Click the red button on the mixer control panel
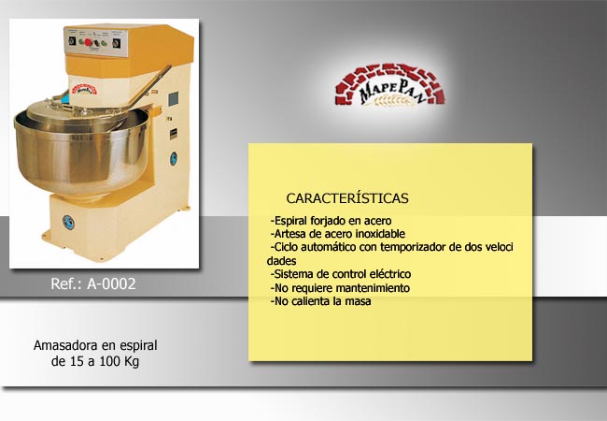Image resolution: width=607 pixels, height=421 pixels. point(87,42)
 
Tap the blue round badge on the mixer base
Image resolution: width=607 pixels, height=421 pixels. point(68,222)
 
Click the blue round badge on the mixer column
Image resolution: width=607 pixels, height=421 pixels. point(174,158)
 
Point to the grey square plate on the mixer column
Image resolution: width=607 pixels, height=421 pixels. point(174,99)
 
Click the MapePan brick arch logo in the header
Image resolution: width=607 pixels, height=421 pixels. point(389,85)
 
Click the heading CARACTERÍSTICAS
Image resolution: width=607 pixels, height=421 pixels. point(347,198)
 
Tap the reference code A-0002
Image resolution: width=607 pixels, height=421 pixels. point(111,283)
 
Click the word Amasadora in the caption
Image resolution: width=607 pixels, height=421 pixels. point(65,345)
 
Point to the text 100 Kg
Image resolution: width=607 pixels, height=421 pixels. point(120,361)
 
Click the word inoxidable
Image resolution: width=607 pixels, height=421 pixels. point(380,234)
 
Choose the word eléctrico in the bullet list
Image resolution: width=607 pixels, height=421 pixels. point(390,274)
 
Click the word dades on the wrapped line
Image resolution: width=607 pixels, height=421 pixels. point(281,261)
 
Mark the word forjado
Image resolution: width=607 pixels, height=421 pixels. point(328,221)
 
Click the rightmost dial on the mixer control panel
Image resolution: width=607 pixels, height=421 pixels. point(116,43)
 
